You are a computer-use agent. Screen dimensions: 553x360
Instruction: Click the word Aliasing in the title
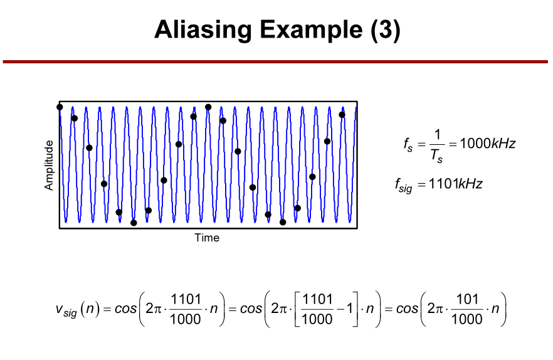click(203, 30)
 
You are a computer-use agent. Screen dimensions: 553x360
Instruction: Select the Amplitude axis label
click(49, 165)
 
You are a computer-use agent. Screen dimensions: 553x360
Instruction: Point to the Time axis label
click(207, 238)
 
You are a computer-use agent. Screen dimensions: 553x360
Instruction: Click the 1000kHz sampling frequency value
click(488, 143)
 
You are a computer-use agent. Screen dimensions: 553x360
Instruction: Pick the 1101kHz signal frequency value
click(455, 184)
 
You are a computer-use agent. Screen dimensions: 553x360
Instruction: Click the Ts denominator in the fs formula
click(436, 156)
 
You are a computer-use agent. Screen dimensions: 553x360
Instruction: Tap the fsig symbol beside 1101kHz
click(404, 185)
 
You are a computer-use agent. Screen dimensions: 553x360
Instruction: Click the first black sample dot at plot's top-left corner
click(60, 107)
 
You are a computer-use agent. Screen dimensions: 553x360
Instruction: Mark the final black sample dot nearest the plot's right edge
click(342, 115)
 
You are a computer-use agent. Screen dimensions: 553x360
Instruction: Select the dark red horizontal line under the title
click(275, 61)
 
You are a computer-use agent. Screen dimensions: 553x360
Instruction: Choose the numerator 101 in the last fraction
click(467, 299)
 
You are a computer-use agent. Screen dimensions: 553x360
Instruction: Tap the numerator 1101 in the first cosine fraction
click(186, 299)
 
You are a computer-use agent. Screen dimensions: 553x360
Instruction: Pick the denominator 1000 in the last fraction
click(467, 319)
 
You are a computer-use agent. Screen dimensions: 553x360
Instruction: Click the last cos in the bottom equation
click(407, 309)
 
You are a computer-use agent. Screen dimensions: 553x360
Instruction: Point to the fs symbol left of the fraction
click(408, 145)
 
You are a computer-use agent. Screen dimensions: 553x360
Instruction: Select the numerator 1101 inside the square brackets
click(317, 299)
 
